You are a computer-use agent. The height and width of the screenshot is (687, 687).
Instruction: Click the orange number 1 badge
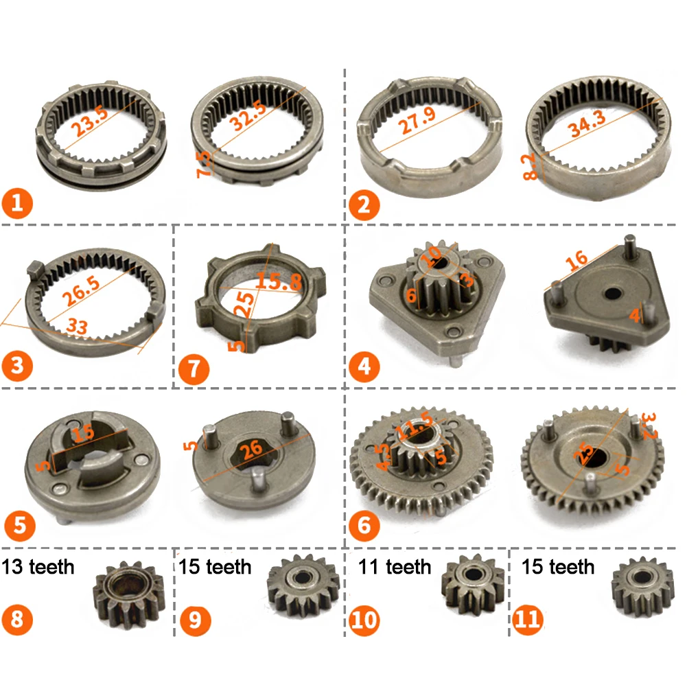click(17, 204)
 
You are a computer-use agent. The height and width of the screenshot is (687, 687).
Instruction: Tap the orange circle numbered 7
click(193, 369)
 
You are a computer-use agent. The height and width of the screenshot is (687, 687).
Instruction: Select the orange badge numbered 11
click(528, 620)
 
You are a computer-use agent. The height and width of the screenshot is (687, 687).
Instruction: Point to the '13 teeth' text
click(38, 567)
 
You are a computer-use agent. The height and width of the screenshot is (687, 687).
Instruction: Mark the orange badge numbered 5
click(19, 525)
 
